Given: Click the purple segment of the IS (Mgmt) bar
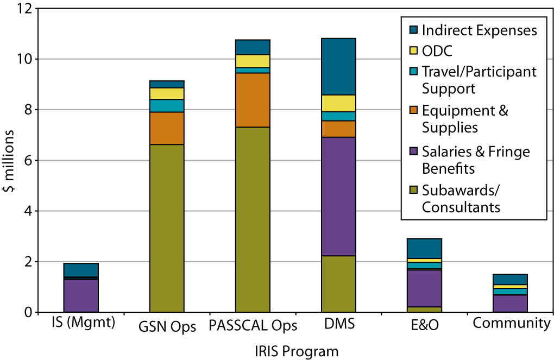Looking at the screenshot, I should tap(81, 295).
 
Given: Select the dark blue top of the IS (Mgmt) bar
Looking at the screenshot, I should tap(81, 270).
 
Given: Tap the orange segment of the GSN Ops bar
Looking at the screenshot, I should tap(167, 128).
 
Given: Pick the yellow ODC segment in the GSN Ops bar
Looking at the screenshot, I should tap(167, 93).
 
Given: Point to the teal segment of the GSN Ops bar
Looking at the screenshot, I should tap(167, 106).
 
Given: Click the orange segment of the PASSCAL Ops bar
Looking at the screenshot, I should tap(253, 100).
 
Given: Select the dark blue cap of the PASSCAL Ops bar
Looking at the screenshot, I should tap(253, 47).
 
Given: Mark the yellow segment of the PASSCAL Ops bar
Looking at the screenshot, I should tap(253, 61).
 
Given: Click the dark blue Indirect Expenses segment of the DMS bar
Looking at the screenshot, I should tap(338, 67).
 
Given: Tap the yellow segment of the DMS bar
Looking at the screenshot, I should tap(338, 103).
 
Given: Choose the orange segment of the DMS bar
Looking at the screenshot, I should tap(338, 129).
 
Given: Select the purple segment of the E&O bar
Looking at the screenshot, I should tap(424, 288).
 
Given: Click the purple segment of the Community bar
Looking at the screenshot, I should tap(510, 303).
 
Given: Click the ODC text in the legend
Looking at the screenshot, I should tap(437, 51).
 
